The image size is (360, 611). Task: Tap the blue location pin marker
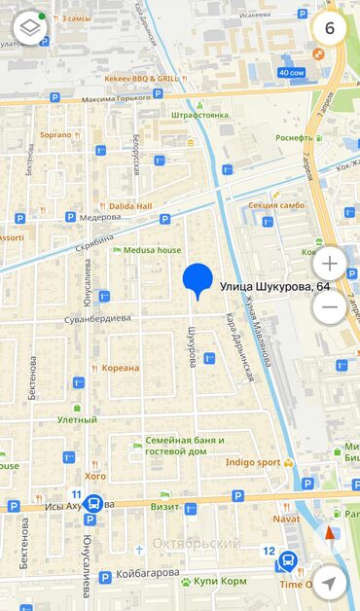pos(198,280)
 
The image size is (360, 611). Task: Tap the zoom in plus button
pos(330,264)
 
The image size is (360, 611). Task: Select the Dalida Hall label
pos(129,206)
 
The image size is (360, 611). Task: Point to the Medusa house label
pos(152,250)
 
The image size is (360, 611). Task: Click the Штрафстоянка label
pos(198,115)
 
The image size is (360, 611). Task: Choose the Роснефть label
pos(294,138)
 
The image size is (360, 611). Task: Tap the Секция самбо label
pos(276,205)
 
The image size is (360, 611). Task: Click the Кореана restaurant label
pos(122,368)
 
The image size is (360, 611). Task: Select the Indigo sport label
pos(253,462)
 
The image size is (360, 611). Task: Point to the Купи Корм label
pos(220,581)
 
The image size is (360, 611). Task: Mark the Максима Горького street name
pos(118,99)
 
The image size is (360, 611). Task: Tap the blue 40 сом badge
pos(290,72)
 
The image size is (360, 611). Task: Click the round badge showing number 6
pos(330,27)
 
